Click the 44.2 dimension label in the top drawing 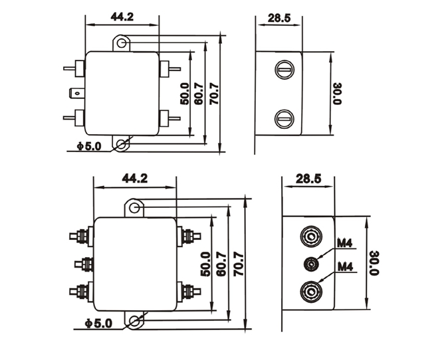(x=122, y=17)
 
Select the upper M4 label (x=344, y=243)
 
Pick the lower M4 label (x=344, y=267)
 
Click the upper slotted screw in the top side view (x=284, y=68)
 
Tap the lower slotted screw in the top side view (x=284, y=120)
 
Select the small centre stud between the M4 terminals (x=311, y=264)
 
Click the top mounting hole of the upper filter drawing (x=121, y=44)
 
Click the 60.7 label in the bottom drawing (x=221, y=264)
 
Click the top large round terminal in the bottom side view (x=311, y=236)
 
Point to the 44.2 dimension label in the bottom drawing (x=134, y=178)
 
